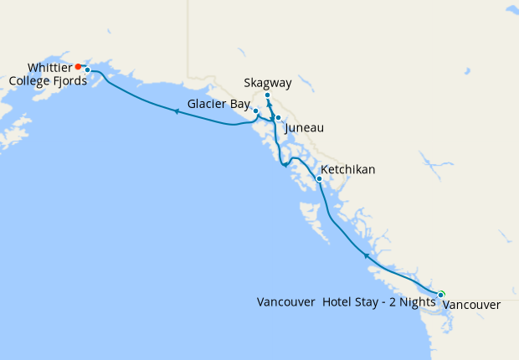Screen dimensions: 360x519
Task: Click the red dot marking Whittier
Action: coord(78,66)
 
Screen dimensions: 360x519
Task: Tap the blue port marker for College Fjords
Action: coord(87,70)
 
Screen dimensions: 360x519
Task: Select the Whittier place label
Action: coord(49,66)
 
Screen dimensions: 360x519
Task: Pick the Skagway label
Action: coord(267,83)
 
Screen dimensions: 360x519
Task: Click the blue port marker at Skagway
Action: coord(267,95)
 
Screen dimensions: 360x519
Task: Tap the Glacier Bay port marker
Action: coord(255,111)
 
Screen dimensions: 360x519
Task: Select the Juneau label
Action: coord(304,128)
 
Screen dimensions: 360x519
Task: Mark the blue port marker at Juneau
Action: coord(277,118)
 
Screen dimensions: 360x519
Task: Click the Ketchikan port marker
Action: coord(319,178)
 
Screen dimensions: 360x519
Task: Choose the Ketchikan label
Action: coord(349,170)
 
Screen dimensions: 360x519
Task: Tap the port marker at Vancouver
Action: coord(441,294)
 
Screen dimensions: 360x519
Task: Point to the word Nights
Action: coord(415,302)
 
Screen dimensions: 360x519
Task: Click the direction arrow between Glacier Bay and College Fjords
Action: coord(177,111)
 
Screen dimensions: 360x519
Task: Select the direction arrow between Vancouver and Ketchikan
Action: coord(366,255)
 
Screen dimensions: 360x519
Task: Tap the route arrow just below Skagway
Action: coord(270,106)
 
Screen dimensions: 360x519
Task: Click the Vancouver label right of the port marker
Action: coord(471,306)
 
